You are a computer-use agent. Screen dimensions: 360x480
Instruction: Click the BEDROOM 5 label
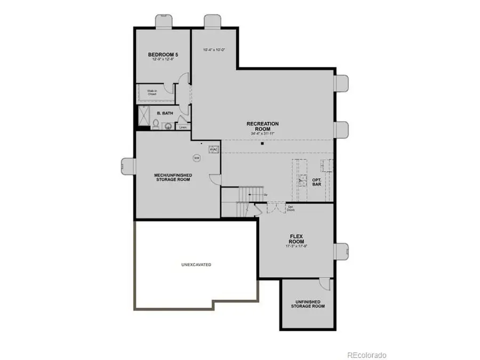(x=162, y=55)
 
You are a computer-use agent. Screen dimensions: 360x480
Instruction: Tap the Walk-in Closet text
(x=152, y=92)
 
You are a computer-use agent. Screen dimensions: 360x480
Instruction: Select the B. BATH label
(x=164, y=114)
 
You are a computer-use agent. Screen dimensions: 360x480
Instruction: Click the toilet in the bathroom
(x=155, y=125)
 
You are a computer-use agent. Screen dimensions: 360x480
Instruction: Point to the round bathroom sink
(x=168, y=126)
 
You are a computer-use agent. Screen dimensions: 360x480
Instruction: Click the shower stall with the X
(x=143, y=114)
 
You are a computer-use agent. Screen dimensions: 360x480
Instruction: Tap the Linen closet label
(x=183, y=127)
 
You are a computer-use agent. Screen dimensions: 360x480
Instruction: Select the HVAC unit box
(x=213, y=150)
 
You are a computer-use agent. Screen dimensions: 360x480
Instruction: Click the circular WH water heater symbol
(x=196, y=158)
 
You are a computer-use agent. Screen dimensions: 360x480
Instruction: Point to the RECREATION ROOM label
(x=262, y=126)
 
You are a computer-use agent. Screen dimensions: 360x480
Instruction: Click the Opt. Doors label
(x=291, y=208)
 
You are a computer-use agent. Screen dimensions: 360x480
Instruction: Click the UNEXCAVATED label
(x=196, y=265)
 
